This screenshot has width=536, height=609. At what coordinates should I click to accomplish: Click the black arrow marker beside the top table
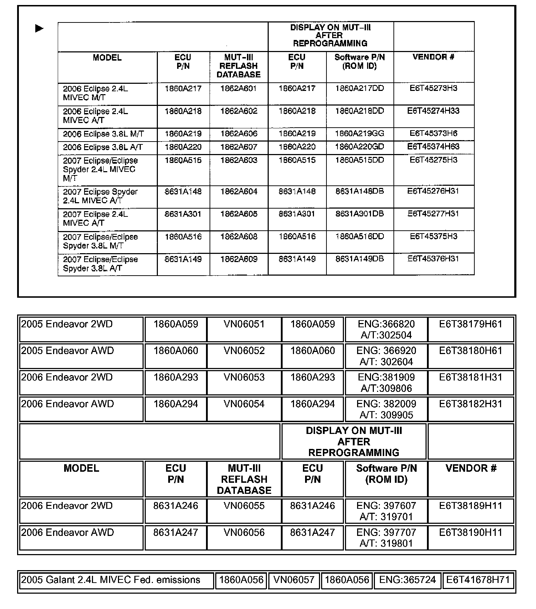(39, 28)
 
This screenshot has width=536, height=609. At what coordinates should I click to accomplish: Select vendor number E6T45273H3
(433, 88)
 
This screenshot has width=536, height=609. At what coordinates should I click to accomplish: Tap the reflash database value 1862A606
(239, 134)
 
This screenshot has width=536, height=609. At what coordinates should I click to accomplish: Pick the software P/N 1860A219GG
(360, 134)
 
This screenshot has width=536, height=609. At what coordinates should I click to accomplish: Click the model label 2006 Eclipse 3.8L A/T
(103, 147)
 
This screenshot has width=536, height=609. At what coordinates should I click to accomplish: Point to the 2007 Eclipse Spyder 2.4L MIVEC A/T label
(100, 196)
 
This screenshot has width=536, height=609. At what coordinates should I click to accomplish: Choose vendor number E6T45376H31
(433, 259)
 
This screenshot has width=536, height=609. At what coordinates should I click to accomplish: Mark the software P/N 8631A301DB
(360, 214)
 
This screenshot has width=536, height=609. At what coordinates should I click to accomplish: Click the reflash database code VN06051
(244, 324)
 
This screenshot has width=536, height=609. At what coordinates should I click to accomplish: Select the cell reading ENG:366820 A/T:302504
(386, 329)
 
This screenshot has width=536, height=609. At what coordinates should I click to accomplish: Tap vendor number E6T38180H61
(470, 350)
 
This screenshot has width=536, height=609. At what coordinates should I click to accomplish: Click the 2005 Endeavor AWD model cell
(67, 351)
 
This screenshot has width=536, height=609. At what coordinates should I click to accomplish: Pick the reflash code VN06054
(244, 404)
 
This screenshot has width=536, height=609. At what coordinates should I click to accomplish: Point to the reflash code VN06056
(244, 532)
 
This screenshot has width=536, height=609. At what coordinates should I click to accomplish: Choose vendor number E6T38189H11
(470, 506)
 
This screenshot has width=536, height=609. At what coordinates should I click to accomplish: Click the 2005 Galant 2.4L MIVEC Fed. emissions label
(110, 580)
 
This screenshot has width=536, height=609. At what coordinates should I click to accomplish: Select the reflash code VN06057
(294, 580)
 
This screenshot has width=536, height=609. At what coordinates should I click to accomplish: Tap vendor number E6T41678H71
(478, 580)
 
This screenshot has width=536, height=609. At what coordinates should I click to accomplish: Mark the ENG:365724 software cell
(407, 580)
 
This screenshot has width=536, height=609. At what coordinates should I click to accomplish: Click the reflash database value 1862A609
(239, 259)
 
